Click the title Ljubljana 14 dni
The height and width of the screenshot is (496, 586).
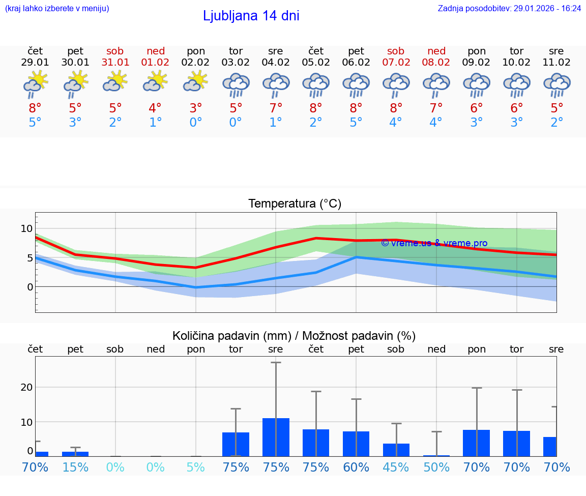click(x=251, y=16)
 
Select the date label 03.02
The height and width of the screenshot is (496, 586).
click(x=236, y=63)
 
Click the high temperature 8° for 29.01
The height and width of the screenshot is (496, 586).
click(x=35, y=108)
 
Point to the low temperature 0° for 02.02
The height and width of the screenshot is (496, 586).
click(x=196, y=123)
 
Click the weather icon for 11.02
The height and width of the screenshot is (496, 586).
click(x=556, y=85)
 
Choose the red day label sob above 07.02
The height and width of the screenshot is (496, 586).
click(x=396, y=51)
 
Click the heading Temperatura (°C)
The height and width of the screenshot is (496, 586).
click(x=295, y=203)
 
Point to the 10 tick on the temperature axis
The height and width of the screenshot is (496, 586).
click(x=27, y=228)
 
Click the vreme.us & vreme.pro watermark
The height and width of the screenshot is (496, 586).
click(x=434, y=243)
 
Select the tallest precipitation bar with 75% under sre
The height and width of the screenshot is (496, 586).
click(x=276, y=437)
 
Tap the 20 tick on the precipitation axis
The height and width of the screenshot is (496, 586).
click(x=27, y=387)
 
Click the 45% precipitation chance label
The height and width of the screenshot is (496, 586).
click(x=396, y=468)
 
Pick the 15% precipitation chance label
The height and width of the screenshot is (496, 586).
click(x=75, y=468)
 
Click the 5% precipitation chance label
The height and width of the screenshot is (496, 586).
click(x=196, y=468)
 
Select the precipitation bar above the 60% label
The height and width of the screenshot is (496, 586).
click(x=356, y=444)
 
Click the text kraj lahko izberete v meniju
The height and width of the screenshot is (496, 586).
click(x=57, y=8)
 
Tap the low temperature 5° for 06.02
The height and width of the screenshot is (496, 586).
click(x=356, y=123)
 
